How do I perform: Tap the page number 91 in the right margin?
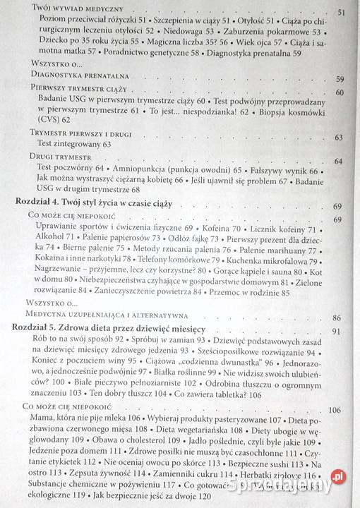[x=336, y=331]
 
